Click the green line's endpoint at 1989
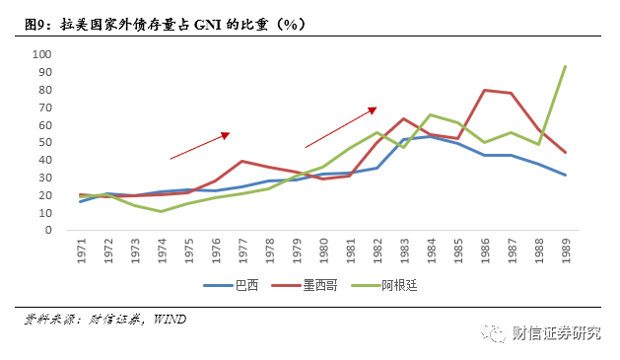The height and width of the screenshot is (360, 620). [x=565, y=66]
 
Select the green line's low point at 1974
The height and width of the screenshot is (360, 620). [x=163, y=211]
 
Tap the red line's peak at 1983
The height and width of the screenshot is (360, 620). [x=404, y=118]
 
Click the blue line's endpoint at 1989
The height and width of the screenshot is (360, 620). [x=565, y=175]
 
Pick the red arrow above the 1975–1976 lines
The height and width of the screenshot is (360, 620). [x=199, y=145]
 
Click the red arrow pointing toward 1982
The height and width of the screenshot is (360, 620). [x=341, y=127]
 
